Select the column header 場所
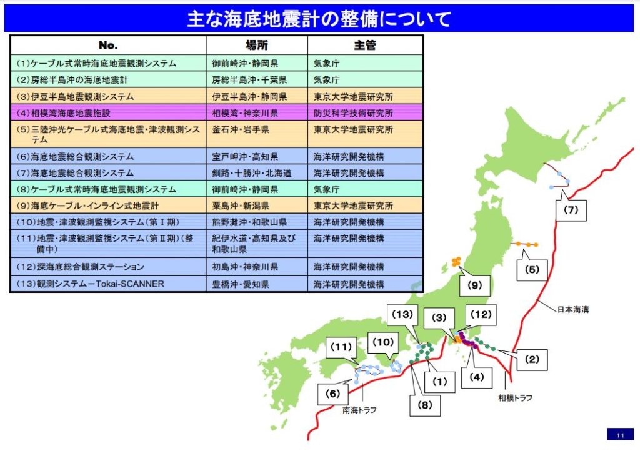[x=256, y=46]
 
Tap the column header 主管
[x=365, y=46]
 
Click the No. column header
[x=108, y=46]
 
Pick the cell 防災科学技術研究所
[x=353, y=113]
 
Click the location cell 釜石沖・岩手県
[x=241, y=129]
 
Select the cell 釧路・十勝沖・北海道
[x=249, y=173]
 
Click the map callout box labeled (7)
[x=571, y=211]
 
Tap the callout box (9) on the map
[x=474, y=286]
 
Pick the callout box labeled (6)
[x=332, y=394]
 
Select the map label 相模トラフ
[x=516, y=397]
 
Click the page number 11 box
[x=620, y=435]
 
